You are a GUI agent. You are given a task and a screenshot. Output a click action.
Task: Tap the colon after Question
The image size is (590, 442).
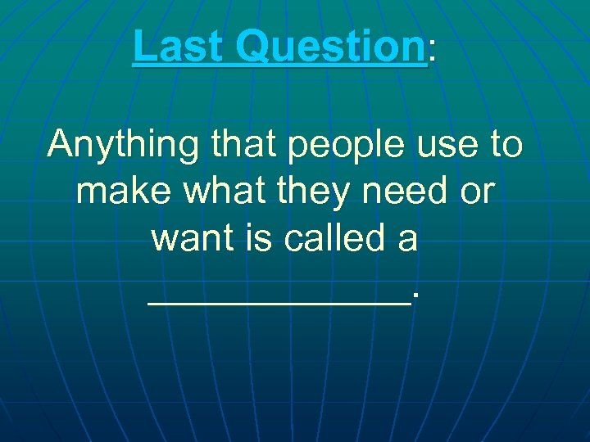pyautogui.click(x=432, y=52)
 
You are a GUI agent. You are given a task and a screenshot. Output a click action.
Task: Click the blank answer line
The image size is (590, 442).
pyautogui.click(x=279, y=301)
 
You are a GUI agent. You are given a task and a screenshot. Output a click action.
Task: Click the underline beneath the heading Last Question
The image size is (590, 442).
pyautogui.click(x=279, y=65)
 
